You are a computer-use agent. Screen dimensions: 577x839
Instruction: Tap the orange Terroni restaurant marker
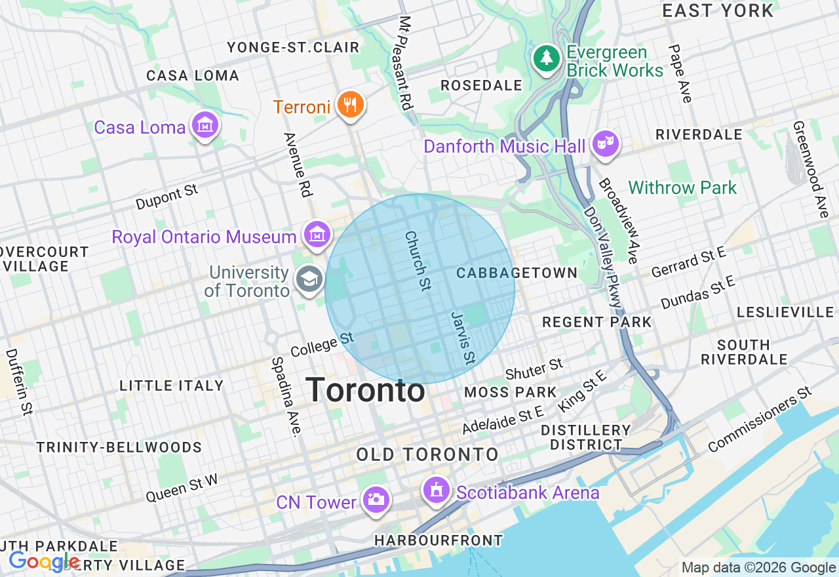[x=350, y=104]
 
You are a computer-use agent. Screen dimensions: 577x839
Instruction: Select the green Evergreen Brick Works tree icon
[x=545, y=59]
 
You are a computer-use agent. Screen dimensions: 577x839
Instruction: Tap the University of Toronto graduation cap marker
[x=309, y=280]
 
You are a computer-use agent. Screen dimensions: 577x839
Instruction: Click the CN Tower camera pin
[x=376, y=500]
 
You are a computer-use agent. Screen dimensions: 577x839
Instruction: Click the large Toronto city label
[x=365, y=391]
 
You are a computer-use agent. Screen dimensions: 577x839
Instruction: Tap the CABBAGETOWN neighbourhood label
[x=517, y=273]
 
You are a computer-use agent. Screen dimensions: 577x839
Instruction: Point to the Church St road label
[x=418, y=260]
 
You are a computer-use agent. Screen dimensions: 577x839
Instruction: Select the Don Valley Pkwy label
[x=602, y=258]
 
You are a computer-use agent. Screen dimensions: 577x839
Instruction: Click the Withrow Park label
[x=682, y=188]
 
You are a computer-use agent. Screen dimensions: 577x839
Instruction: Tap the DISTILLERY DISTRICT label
[x=585, y=437]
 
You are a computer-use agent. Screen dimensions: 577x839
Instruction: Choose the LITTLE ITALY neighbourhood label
[x=172, y=386]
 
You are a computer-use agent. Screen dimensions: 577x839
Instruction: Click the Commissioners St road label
[x=760, y=420]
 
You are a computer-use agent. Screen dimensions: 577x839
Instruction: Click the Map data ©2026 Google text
[x=758, y=568]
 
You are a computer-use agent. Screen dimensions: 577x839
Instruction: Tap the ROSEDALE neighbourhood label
[x=481, y=85]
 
